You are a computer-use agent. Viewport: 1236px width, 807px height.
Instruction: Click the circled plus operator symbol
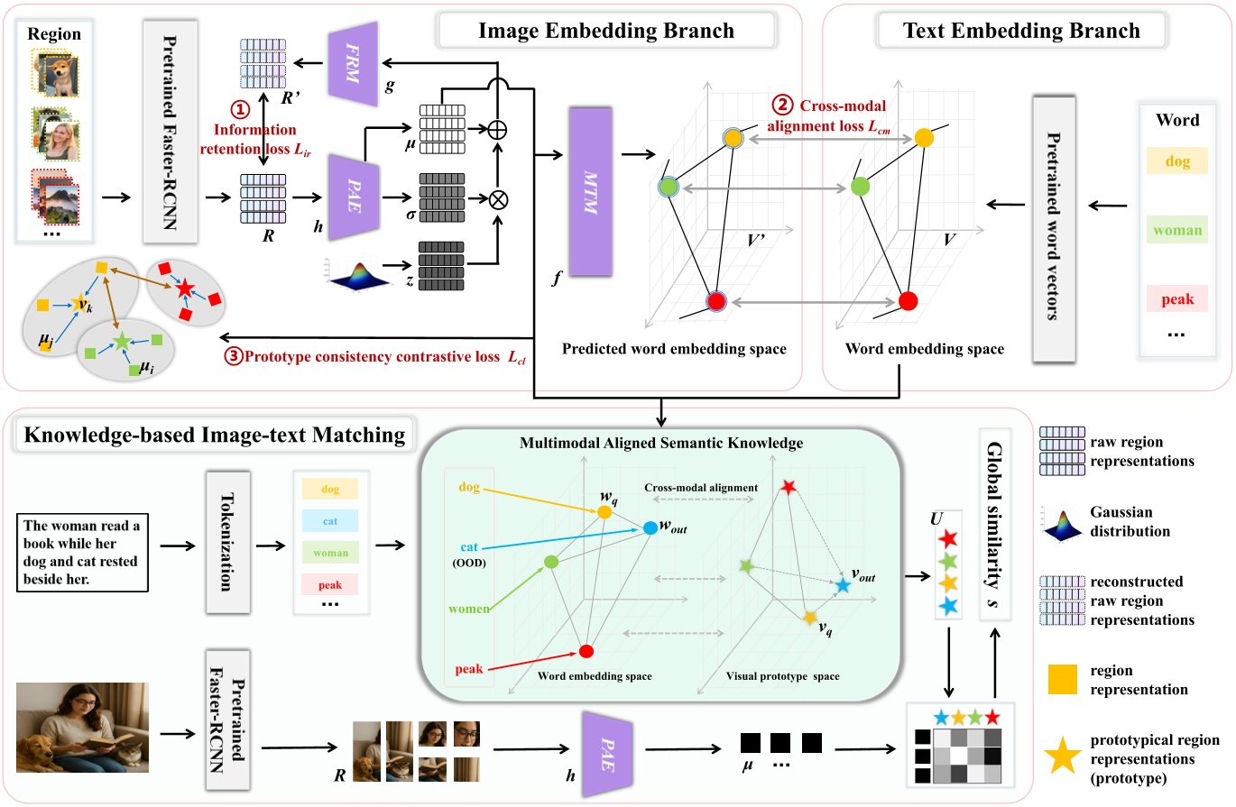click(x=497, y=128)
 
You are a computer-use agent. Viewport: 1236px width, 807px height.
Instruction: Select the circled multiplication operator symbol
click(x=497, y=198)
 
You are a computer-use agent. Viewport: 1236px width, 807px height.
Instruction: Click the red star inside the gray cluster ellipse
click(x=185, y=289)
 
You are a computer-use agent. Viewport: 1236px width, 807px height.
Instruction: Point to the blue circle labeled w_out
click(x=650, y=529)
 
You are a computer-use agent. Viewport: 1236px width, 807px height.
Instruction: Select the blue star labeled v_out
click(x=842, y=586)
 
